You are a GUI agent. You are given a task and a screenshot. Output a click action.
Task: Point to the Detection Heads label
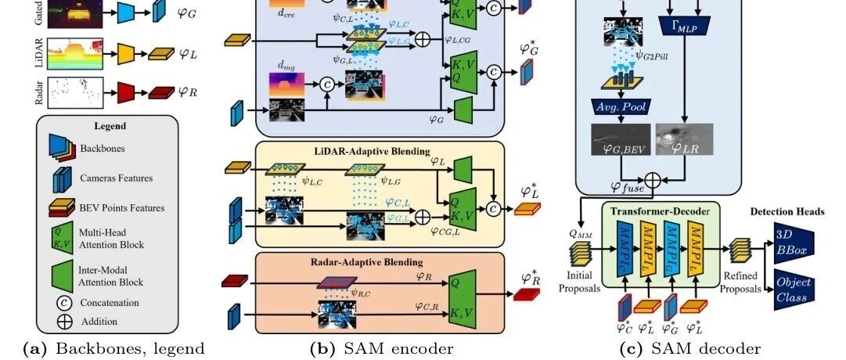pos(787,212)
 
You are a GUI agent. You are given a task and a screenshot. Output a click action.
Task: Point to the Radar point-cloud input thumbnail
pos(70,92)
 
